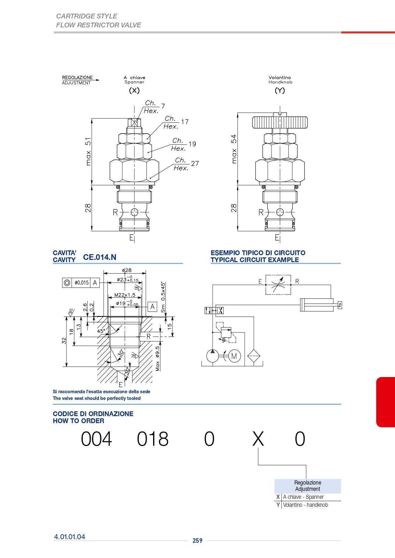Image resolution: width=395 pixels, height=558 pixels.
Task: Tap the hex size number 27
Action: point(195,164)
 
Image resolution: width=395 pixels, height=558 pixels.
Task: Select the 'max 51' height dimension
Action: point(88,151)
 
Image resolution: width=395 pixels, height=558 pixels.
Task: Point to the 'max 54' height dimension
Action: point(234,149)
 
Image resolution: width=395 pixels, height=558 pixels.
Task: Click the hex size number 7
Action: point(163,106)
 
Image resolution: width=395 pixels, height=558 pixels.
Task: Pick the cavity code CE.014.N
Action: point(100,257)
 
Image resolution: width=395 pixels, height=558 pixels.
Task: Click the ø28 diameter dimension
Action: point(127,270)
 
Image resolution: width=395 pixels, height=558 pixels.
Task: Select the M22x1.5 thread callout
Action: point(125,295)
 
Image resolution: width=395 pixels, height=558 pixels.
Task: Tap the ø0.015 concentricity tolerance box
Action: point(81,282)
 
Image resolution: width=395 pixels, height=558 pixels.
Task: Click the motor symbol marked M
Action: point(234,356)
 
